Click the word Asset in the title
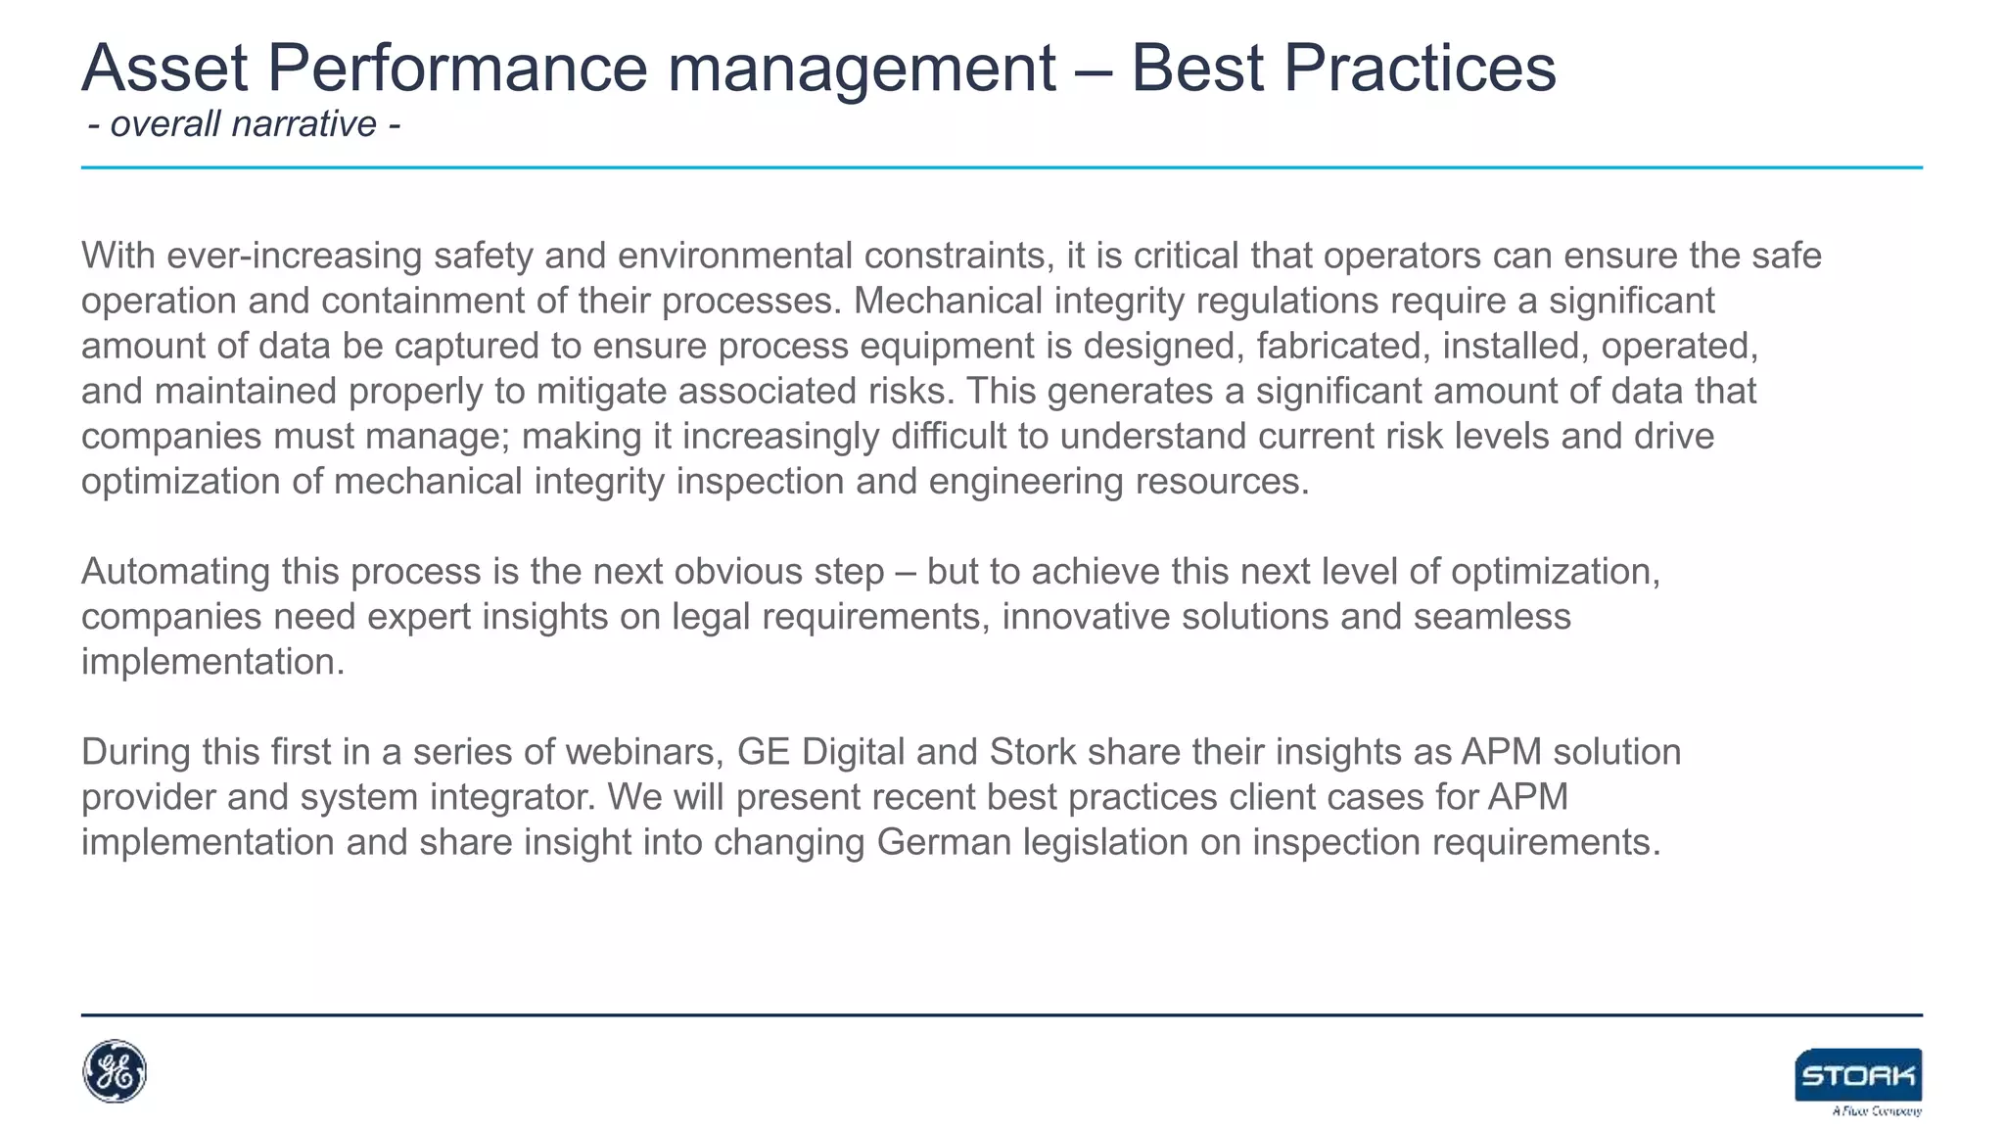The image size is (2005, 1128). (x=164, y=69)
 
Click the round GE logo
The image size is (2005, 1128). (x=115, y=1071)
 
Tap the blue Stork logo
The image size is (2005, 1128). (x=1858, y=1075)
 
